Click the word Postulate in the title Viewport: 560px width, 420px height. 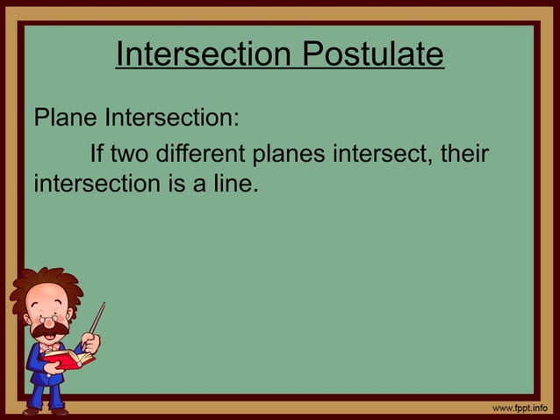(373, 55)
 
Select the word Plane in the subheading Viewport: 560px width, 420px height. (65, 118)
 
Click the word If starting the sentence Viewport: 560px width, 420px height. (97, 156)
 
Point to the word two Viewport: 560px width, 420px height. (134, 156)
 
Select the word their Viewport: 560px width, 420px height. (464, 156)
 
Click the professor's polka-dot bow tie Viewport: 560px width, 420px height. (50, 348)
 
